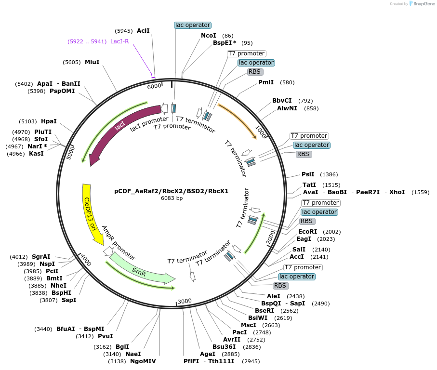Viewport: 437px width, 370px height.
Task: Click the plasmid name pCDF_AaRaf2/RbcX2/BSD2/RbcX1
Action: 171,191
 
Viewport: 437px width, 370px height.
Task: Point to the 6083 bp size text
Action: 172,198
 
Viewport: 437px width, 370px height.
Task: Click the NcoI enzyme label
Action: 208,36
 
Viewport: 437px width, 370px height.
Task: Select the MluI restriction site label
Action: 92,62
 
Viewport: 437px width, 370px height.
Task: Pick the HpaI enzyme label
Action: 49,121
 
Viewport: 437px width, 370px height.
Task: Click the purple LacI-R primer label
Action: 119,41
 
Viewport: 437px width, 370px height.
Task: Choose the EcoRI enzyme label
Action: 308,232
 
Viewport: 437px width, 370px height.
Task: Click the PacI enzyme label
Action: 239,332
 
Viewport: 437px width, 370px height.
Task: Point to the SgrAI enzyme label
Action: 41,257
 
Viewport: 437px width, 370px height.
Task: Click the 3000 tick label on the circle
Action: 185,302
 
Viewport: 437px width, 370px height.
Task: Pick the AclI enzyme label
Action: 143,30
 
